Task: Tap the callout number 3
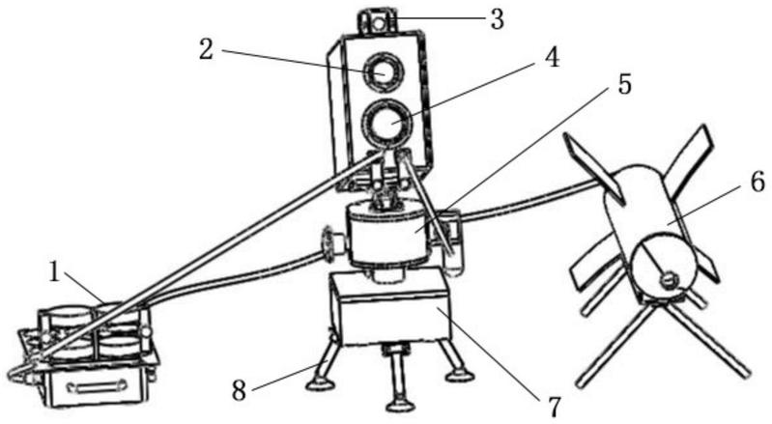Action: pyautogui.click(x=497, y=18)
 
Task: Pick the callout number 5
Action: pyautogui.click(x=625, y=85)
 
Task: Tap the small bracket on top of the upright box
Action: pyautogui.click(x=379, y=19)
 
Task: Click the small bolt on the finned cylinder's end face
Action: pyautogui.click(x=667, y=280)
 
